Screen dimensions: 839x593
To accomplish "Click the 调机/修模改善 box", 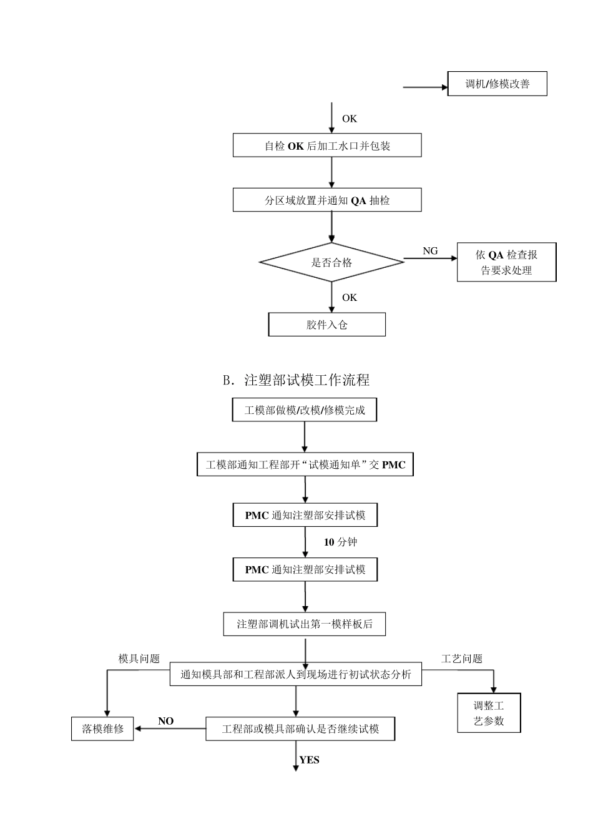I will coord(497,84).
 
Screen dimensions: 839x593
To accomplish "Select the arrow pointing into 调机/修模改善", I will coord(425,87).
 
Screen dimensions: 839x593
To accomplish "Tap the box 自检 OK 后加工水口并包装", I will coord(327,145).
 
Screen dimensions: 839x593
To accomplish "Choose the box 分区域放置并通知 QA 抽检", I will coord(327,200).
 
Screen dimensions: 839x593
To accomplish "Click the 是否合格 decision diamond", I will coord(331,263).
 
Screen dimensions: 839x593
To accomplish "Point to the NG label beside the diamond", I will coord(430,251).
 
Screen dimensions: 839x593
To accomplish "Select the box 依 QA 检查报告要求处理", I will coord(506,262).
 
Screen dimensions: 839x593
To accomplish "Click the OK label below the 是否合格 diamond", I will coord(349,298).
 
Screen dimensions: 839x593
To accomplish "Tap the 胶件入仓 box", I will coord(326,325).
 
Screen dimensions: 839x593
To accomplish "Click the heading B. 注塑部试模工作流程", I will coord(296,380).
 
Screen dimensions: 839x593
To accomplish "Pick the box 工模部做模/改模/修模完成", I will coord(305,410).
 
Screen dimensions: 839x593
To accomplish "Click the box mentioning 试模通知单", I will coord(305,465).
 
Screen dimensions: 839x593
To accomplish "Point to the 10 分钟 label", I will coord(340,542).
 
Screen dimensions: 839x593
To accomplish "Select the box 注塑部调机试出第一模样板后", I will coord(305,624).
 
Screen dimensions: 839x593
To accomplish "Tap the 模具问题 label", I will coord(139,659).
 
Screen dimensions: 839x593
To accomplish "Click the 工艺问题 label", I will coord(462,659).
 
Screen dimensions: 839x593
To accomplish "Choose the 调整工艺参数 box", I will coord(489,713).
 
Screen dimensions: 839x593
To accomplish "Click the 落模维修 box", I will coord(102,729).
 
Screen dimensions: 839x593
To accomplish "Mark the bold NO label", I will coord(165,721).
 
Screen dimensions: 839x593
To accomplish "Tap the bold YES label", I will coord(309,760).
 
